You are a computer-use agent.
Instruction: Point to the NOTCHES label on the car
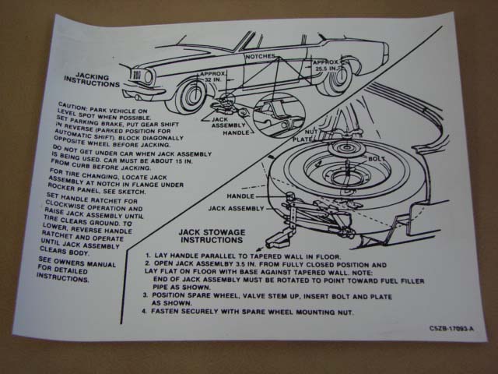pos(260,57)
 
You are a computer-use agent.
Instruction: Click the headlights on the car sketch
pos(138,76)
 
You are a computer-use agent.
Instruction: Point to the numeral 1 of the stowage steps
pos(147,255)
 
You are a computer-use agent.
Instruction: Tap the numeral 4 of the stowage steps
pos(146,312)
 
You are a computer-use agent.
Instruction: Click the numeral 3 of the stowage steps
pos(146,295)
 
